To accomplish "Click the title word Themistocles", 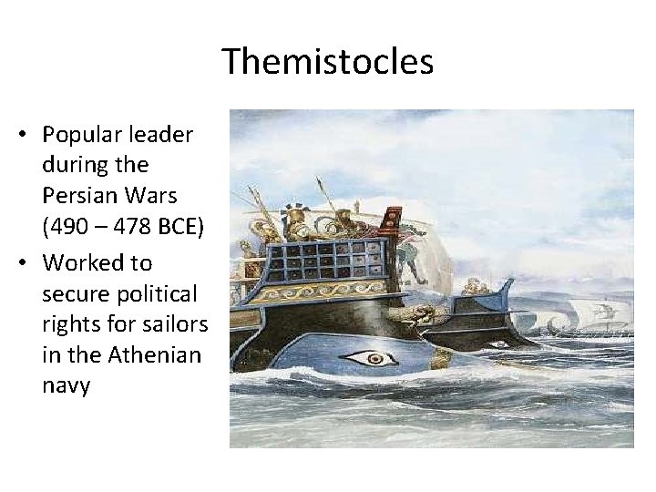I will (328, 62).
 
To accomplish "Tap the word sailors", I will (177, 324).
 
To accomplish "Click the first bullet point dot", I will (20, 136).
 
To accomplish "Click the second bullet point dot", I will (20, 263).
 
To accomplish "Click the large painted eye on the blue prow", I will (374, 358).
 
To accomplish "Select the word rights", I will (71, 324).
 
